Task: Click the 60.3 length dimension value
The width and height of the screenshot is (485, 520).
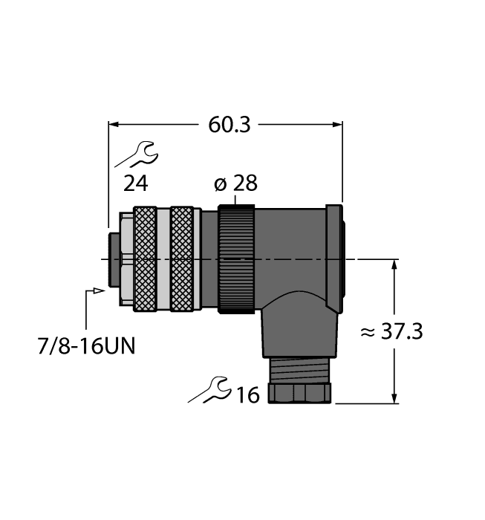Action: [228, 125]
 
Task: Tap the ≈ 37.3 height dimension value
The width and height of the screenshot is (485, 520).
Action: [391, 332]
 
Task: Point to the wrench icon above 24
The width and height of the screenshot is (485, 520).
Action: [136, 155]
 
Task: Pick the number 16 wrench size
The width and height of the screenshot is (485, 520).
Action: [247, 394]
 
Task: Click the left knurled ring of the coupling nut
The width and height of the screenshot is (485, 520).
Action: [146, 258]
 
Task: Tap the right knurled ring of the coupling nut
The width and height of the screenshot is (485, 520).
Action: [182, 258]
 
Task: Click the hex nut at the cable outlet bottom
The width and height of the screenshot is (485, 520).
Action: [300, 393]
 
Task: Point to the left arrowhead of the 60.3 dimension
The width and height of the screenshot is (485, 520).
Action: [114, 124]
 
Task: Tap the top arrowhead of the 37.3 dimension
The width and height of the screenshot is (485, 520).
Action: [394, 264]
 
